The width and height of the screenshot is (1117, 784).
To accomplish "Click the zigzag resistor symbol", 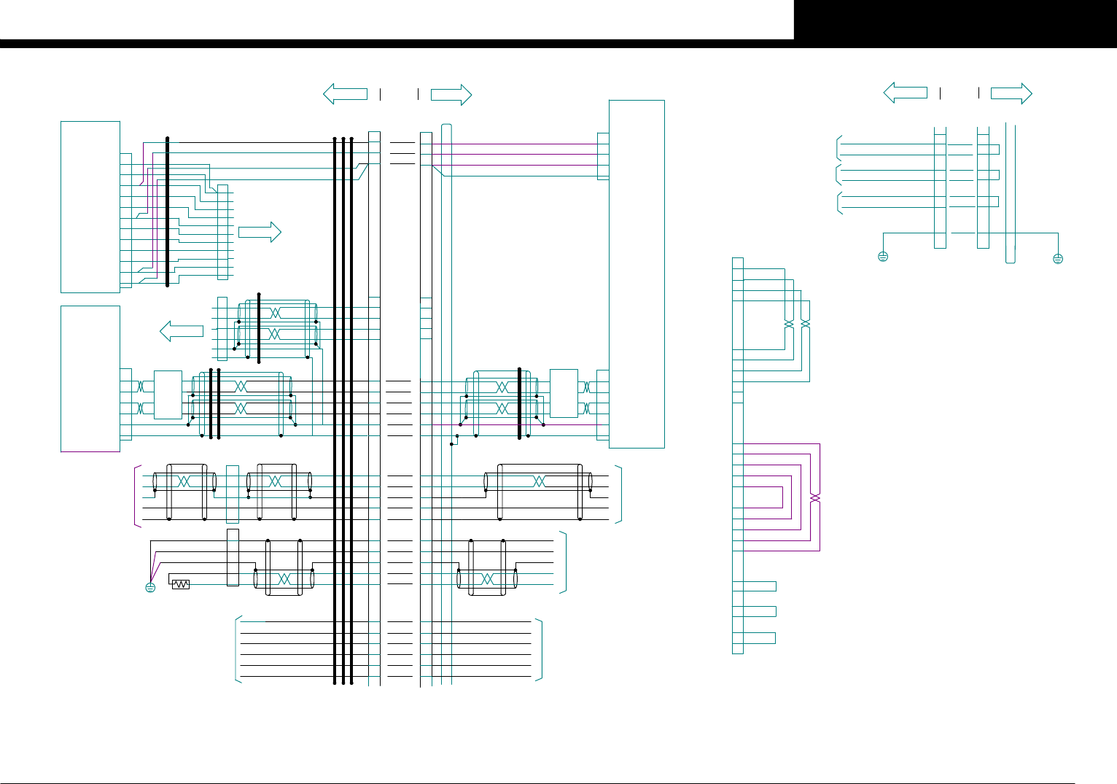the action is pyautogui.click(x=180, y=584).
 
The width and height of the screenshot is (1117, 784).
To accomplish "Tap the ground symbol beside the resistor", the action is pyautogui.click(x=150, y=587).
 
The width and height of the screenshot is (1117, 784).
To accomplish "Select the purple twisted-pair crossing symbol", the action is pyautogui.click(x=814, y=498).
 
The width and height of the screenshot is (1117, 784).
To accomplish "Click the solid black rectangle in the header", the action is pyautogui.click(x=955, y=20).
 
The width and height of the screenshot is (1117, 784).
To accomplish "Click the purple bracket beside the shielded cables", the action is pyautogui.click(x=136, y=494).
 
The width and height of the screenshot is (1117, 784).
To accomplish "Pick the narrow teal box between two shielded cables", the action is pyautogui.click(x=233, y=494).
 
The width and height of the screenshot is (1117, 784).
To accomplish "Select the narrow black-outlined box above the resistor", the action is pyautogui.click(x=233, y=557).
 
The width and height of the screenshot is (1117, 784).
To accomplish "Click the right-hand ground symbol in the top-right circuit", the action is pyautogui.click(x=1058, y=258).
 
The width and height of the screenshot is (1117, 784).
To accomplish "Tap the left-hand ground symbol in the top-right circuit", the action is pyautogui.click(x=883, y=257).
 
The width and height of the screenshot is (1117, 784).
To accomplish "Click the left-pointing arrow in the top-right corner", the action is pyautogui.click(x=905, y=93).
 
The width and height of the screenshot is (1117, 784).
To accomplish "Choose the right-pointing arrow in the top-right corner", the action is pyautogui.click(x=1011, y=93).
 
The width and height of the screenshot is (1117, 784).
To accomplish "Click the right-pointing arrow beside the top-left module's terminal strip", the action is pyautogui.click(x=260, y=232).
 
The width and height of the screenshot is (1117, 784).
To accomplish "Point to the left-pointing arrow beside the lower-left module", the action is pyautogui.click(x=182, y=331).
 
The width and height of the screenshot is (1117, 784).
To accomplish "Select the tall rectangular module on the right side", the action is pyautogui.click(x=637, y=273).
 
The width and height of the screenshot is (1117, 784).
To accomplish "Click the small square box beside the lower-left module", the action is pyautogui.click(x=168, y=395).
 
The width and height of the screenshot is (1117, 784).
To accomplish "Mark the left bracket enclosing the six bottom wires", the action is pyautogui.click(x=238, y=649).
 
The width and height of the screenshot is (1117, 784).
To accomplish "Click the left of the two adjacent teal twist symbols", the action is pyautogui.click(x=788, y=323).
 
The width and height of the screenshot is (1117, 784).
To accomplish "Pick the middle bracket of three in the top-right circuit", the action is pyautogui.click(x=838, y=174).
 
